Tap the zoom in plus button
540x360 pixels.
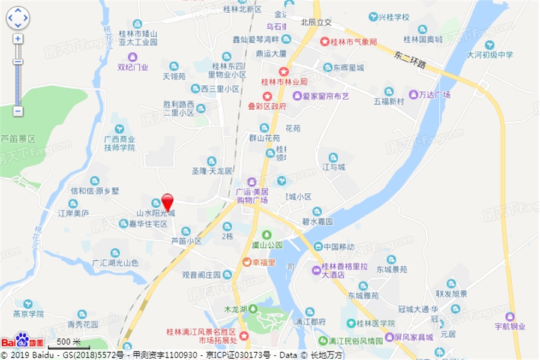coord(18,39)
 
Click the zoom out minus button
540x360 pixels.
coord(18,111)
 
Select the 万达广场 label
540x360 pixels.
coord(434,95)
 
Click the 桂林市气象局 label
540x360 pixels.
coord(353,42)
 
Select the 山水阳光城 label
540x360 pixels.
coord(155,212)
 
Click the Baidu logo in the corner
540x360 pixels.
coord(22,341)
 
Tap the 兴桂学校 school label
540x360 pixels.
coord(394,17)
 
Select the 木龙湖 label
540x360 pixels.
coord(235,309)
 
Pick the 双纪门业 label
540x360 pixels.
coord(132,67)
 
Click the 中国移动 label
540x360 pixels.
coord(338,247)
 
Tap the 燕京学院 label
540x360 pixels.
coord(28,314)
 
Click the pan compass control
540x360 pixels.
coord(18,18)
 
